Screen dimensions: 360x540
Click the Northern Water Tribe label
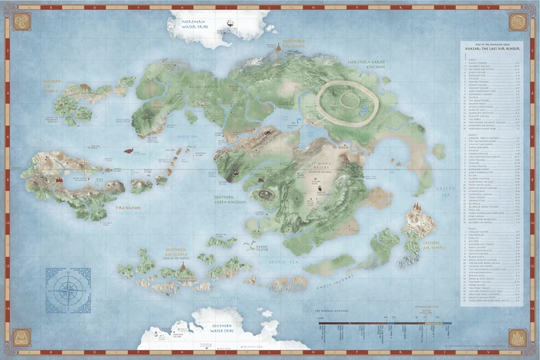[x=193, y=26]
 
